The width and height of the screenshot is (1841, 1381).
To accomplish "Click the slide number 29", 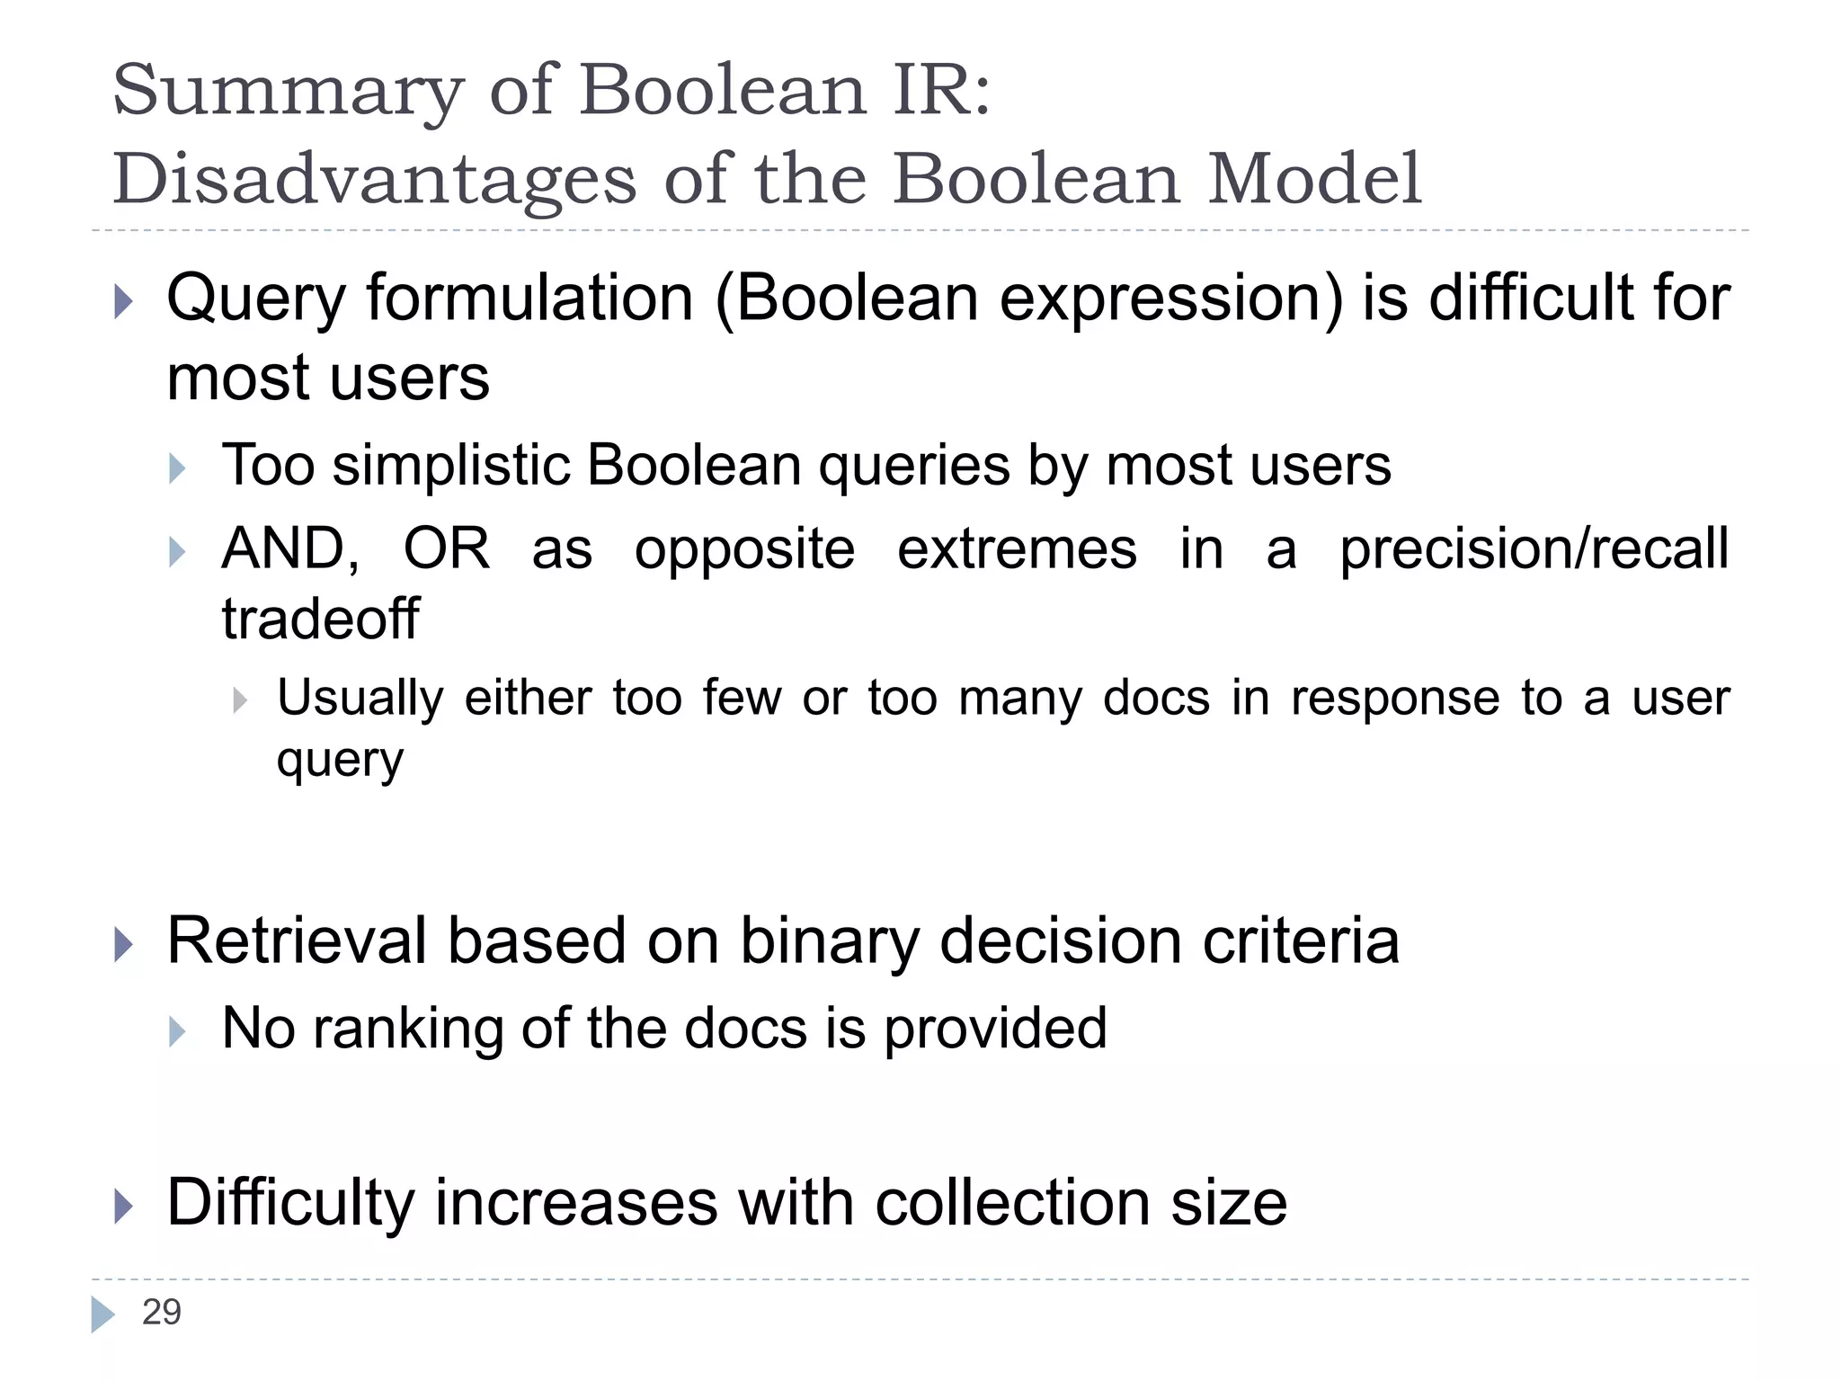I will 162,1313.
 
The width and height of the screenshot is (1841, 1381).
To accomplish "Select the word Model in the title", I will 1314,180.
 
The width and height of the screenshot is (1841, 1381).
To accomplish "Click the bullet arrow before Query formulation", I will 124,301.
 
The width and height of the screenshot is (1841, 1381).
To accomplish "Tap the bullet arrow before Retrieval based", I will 124,944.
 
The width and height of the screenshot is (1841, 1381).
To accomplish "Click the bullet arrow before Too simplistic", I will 177,468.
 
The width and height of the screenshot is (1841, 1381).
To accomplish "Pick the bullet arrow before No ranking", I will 177,1031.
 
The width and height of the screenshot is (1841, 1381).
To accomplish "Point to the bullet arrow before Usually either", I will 239,700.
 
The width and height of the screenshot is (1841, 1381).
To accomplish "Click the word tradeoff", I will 320,619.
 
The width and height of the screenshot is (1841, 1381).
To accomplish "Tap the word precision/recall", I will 1534,549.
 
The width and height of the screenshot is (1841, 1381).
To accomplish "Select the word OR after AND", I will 447,548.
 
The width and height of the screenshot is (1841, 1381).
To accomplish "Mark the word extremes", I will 1017,549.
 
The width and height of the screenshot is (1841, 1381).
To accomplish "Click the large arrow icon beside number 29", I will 102,1314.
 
